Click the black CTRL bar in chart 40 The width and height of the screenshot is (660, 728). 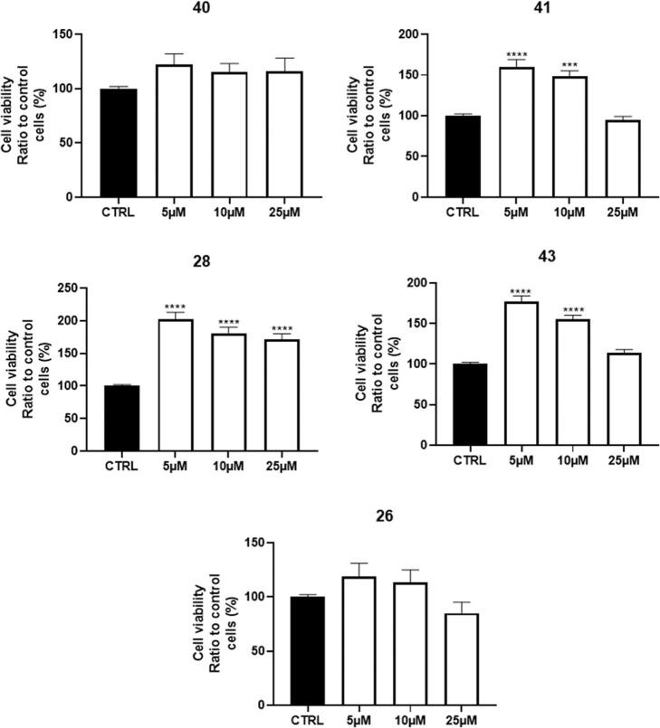tap(119, 142)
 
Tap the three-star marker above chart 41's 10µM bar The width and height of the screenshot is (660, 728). tap(569, 65)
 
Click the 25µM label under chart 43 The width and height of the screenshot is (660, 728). tap(621, 461)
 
